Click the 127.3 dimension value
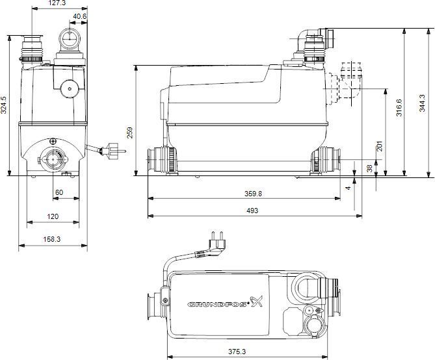coord(57,3)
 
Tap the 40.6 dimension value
coord(80,17)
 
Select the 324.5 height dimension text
coord(4,105)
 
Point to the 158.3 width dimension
coord(52,239)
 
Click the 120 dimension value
coord(53,216)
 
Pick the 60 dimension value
coord(59,192)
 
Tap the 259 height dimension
coord(129,133)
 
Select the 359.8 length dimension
coord(253,194)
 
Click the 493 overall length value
coord(252,211)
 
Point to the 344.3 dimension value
coord(422,103)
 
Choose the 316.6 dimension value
coord(399,107)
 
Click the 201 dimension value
coord(379,146)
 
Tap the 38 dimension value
coord(369,168)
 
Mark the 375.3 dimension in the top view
coord(237,352)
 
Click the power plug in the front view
coord(112,151)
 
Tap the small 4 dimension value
coord(348,188)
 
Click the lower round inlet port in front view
coord(53,159)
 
